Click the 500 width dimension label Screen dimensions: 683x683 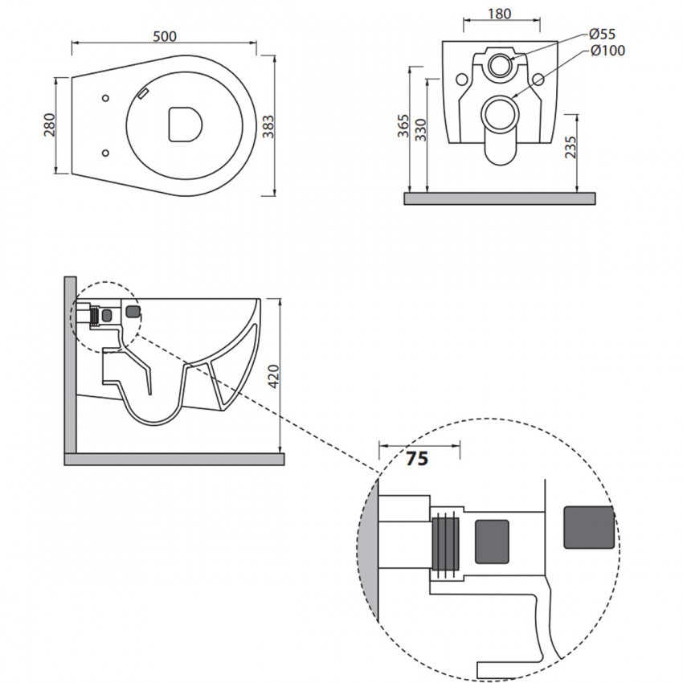point(165,36)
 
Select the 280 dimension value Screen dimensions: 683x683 point(50,125)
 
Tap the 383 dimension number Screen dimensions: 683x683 point(268,127)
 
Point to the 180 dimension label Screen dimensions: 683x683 point(499,14)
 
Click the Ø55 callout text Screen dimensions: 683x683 point(602,34)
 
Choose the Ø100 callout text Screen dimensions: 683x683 point(608,51)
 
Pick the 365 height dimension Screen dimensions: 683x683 point(403,126)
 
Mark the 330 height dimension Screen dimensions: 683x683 point(421,130)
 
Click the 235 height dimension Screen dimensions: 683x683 point(570,147)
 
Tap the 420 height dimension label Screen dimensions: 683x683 point(273,377)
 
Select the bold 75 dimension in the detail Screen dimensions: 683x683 point(417,459)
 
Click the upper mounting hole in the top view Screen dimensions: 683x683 point(105,98)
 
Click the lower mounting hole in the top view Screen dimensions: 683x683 point(105,153)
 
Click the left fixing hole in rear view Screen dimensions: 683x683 point(462,80)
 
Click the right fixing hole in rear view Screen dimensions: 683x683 point(538,80)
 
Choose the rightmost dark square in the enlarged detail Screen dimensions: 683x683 point(589,527)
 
